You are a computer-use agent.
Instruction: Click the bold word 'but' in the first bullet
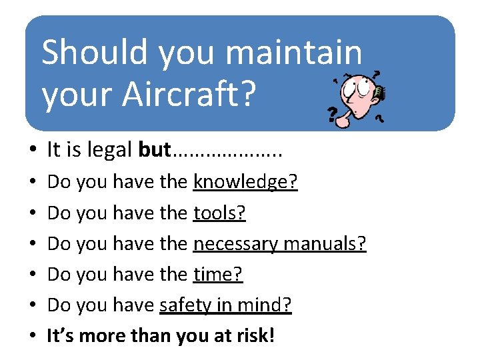click(155, 150)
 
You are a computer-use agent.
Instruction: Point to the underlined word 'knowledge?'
click(245, 182)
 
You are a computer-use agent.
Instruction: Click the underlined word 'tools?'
click(219, 213)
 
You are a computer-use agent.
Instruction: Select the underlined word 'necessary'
click(235, 244)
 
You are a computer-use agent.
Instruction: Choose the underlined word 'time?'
click(218, 274)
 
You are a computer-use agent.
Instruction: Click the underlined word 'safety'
click(183, 305)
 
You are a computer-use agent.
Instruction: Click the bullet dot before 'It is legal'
click(32, 151)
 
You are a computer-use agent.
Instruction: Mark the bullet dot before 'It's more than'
click(32, 337)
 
